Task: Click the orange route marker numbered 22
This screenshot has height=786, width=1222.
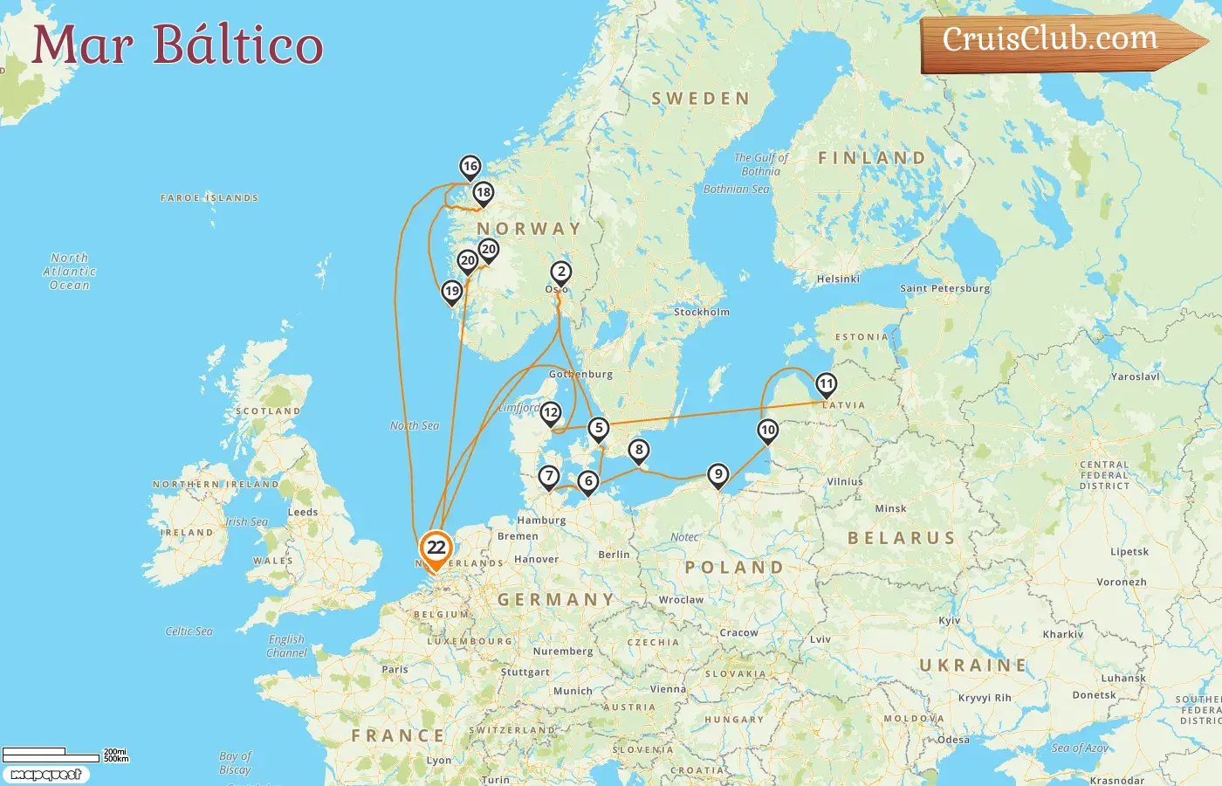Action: coord(436,548)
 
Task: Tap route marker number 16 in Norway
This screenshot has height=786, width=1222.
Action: coord(470,166)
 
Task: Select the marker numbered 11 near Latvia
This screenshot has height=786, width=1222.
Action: coord(826,383)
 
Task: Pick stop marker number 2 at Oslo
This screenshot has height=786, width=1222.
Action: coord(561,272)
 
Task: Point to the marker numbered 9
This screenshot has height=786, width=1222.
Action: coord(717,474)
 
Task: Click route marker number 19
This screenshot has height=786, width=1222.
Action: coord(451,291)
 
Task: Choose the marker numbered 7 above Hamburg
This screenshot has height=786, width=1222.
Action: coord(548,476)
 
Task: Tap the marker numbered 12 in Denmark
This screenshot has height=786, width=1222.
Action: coord(550,412)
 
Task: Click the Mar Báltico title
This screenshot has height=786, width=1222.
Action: coord(177,45)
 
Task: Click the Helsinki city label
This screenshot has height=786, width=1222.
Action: coord(838,279)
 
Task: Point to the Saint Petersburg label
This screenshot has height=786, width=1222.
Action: coord(944,288)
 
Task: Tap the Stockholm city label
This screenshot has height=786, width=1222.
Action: coord(701,312)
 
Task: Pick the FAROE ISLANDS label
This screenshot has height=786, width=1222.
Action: coord(209,198)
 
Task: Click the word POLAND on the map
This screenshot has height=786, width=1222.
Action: coord(734,568)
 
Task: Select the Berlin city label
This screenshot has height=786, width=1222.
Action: coord(614,555)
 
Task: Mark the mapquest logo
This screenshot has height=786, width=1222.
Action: coord(45,775)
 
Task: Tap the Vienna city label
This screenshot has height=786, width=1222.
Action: coord(668,689)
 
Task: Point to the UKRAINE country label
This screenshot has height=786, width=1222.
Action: coord(973,665)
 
